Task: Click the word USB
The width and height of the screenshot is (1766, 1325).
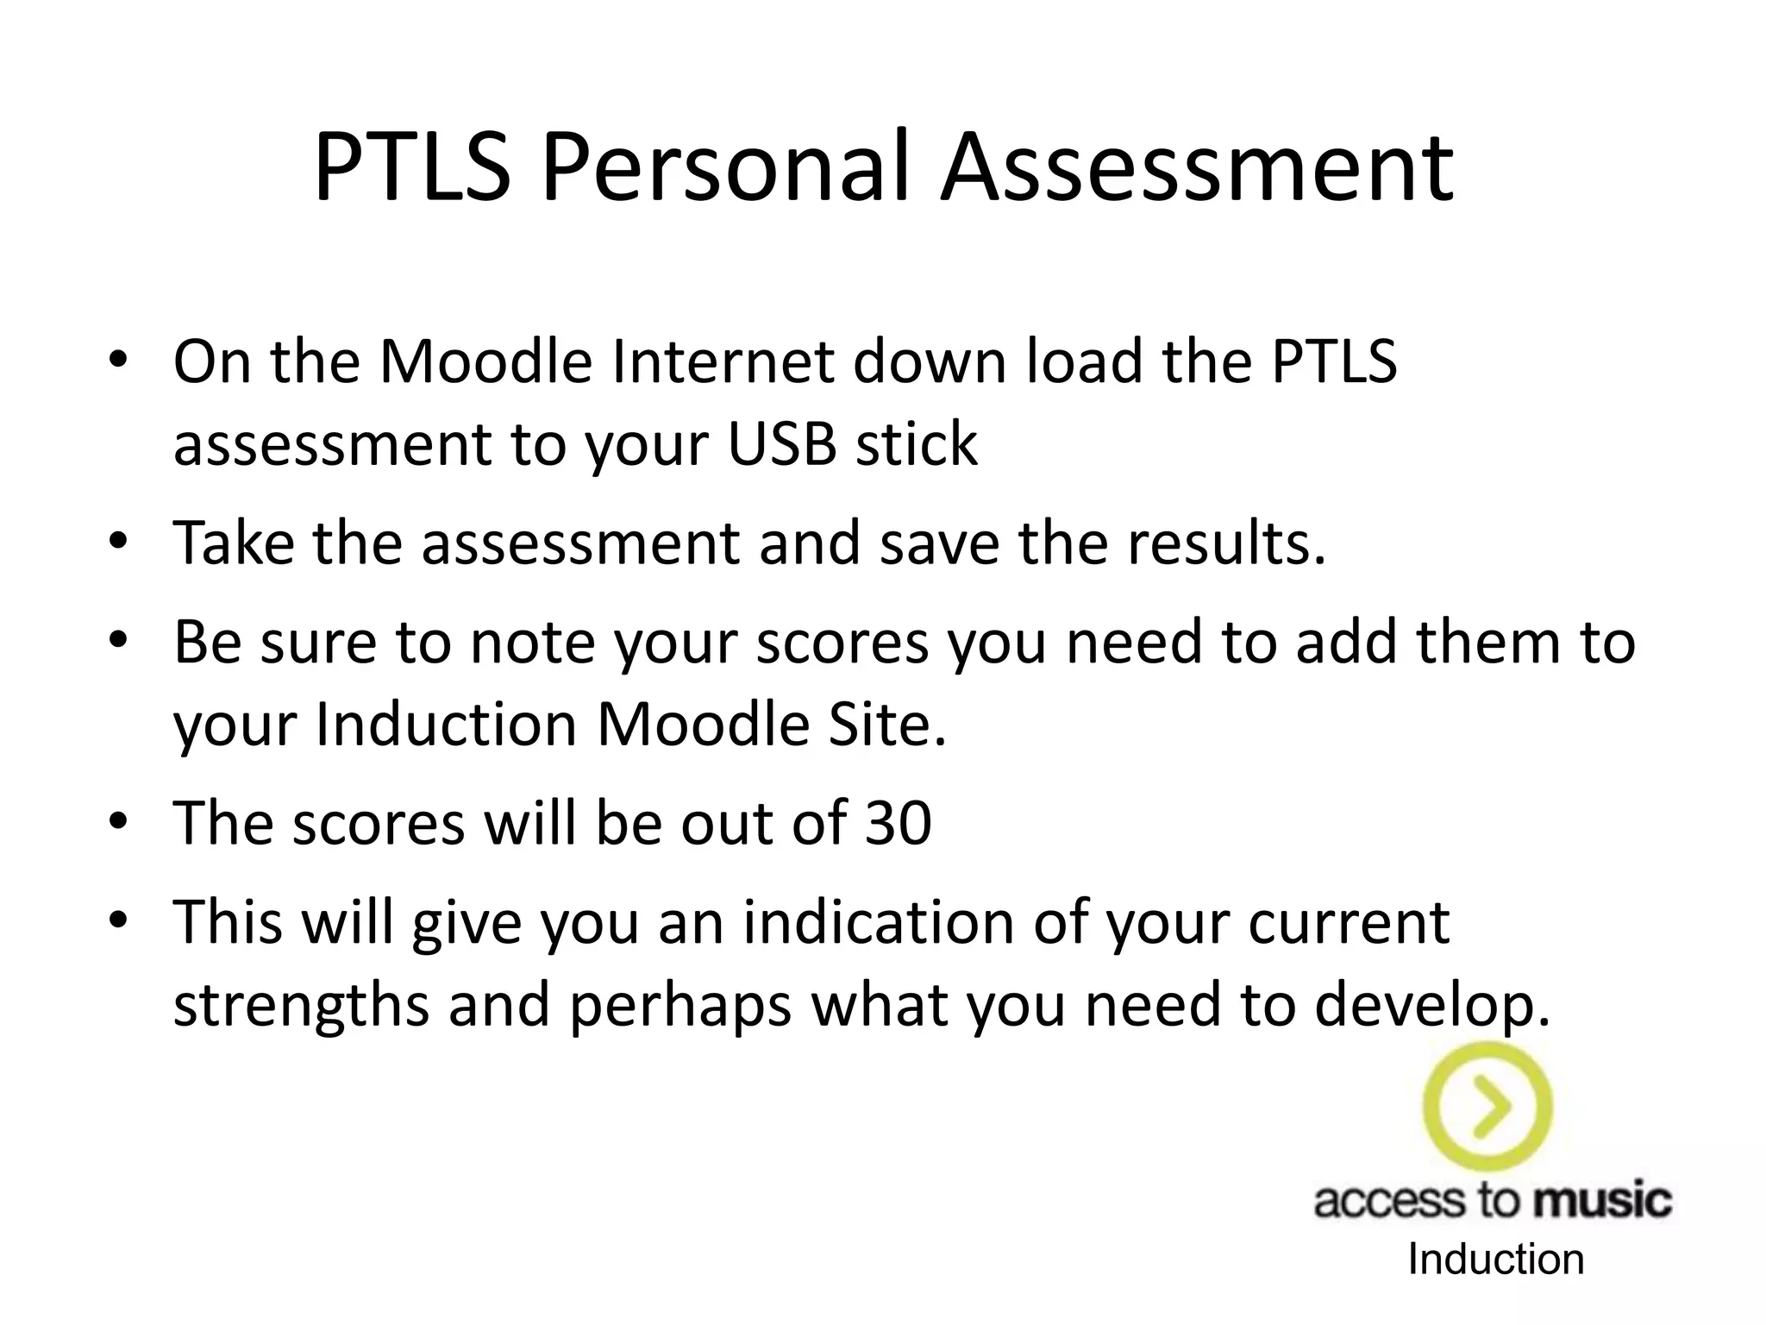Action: click(781, 444)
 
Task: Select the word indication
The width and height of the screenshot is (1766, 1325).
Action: click(878, 923)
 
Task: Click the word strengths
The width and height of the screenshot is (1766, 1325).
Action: click(301, 1006)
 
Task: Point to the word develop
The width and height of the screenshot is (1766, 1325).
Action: click(1431, 1006)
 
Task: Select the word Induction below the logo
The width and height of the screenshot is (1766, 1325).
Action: click(1496, 1260)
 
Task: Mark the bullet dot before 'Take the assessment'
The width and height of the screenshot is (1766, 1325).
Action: click(118, 543)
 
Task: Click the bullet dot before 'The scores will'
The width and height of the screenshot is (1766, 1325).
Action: click(118, 821)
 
